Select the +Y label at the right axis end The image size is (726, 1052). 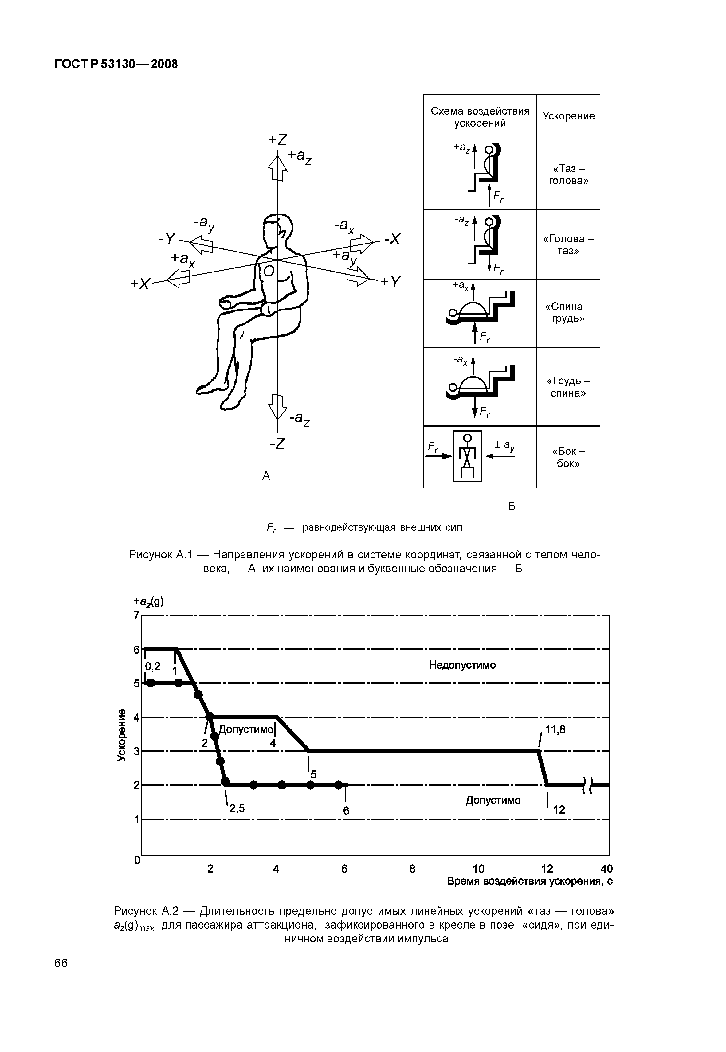[x=391, y=282]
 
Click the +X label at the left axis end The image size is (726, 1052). [x=140, y=284]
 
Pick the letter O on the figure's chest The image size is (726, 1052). [x=269, y=272]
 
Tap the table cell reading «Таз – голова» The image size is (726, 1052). [x=568, y=174]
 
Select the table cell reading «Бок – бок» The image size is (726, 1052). [x=568, y=457]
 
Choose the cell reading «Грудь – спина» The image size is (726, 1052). [x=568, y=387]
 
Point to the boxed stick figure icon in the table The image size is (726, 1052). [x=467, y=456]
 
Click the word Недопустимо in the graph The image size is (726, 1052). [x=462, y=665]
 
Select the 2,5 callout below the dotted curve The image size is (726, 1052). [x=237, y=808]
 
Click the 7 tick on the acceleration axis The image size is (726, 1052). [x=136, y=615]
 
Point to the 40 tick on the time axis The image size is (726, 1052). [x=606, y=869]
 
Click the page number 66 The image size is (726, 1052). [x=61, y=963]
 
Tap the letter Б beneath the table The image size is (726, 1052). [x=512, y=506]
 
